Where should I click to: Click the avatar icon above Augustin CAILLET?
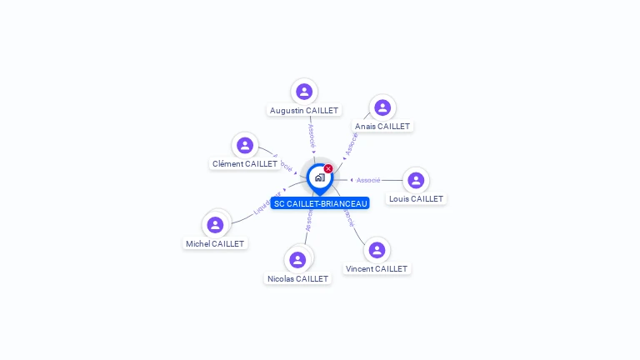(304, 92)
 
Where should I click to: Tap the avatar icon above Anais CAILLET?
(382, 107)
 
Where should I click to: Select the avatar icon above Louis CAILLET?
(416, 180)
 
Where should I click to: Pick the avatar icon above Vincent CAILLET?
(377, 250)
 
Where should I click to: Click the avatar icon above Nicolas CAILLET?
(297, 260)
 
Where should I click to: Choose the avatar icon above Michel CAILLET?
(215, 225)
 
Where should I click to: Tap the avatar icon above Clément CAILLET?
(244, 146)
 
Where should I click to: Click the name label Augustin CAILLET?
(304, 110)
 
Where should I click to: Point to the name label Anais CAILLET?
(382, 127)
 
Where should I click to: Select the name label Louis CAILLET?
(416, 199)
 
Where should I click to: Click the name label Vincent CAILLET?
(377, 269)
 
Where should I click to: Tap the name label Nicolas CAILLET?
(297, 279)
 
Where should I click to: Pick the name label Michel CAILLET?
(215, 244)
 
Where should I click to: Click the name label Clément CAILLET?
(244, 164)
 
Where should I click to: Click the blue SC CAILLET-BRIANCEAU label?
(320, 203)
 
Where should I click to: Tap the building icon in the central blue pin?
(319, 177)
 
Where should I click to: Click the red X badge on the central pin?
(328, 168)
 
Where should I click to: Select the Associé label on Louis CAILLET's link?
(367, 180)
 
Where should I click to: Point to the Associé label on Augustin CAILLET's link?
(311, 136)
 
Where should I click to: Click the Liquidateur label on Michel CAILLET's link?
(267, 204)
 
